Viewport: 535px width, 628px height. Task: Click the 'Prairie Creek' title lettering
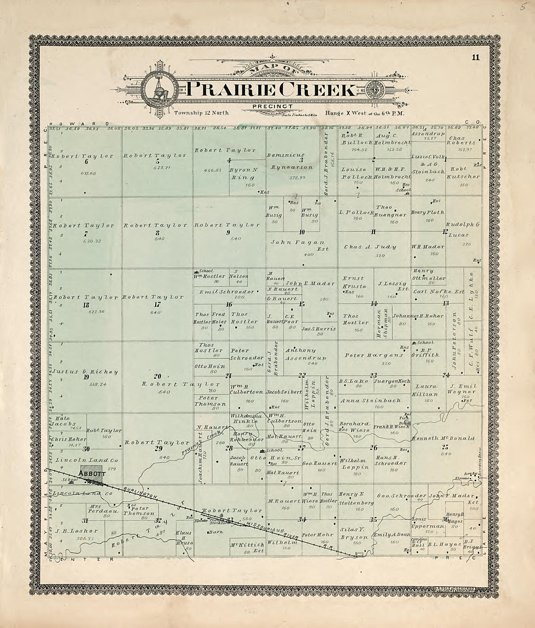coord(270,89)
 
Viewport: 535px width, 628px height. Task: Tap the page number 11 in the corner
coord(475,58)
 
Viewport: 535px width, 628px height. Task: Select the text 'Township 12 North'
coord(201,113)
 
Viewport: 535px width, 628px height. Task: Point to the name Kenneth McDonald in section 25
coord(444,438)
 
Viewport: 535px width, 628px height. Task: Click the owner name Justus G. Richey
coord(86,372)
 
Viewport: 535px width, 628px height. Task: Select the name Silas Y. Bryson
coord(354,533)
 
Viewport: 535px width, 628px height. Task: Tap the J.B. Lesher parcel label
coord(77,530)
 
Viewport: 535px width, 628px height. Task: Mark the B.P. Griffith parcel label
coord(428,352)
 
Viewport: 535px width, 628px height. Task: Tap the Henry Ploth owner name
coord(428,212)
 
